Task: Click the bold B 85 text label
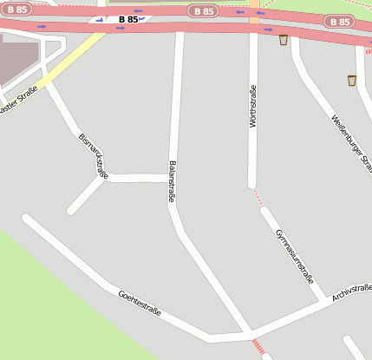coord(127,18)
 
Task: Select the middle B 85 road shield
coord(201,11)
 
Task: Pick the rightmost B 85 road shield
coord(339,21)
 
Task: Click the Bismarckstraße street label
coord(94,155)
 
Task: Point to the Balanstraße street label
coord(172,181)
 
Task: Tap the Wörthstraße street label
coord(253,107)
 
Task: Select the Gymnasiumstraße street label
coord(294,257)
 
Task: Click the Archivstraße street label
coord(352,292)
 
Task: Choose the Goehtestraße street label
coord(140,304)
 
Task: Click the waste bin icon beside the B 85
coord(284,39)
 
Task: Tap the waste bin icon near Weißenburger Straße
coord(351,81)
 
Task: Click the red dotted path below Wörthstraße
coord(256,197)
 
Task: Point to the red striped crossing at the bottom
coord(258,347)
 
